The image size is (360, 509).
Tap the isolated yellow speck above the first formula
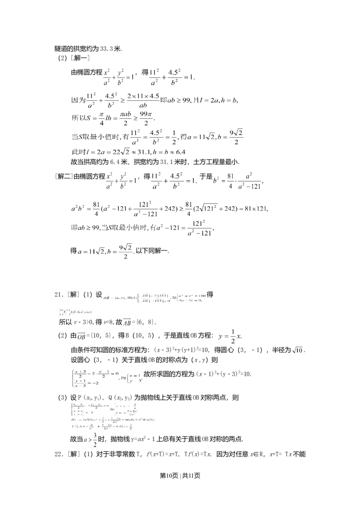click(x=73, y=58)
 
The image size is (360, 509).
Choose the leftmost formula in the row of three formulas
click(x=121, y=180)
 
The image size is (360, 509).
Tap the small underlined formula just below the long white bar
click(x=105, y=252)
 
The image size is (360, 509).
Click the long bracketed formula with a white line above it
click(x=155, y=298)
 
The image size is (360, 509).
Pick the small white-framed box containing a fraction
click(x=230, y=335)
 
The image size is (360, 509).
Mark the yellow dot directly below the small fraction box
click(x=228, y=350)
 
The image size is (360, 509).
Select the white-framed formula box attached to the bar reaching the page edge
click(x=106, y=377)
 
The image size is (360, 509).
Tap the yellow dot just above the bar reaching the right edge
click(x=196, y=375)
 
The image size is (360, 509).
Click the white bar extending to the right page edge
click(x=252, y=383)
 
